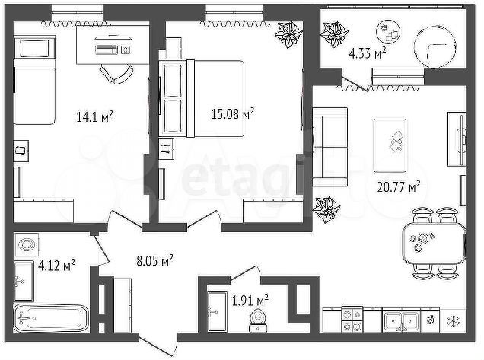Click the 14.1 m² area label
click(94, 116)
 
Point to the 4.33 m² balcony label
click(367, 53)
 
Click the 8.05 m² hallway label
click(154, 261)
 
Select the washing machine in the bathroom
click(28, 245)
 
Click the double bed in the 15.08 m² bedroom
click(202, 98)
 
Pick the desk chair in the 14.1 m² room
click(116, 74)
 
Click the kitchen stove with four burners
click(352, 319)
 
